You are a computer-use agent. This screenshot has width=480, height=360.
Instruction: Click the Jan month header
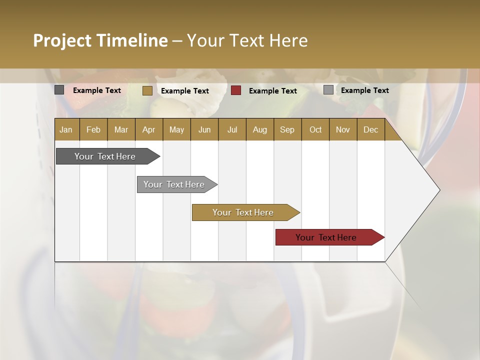tap(66, 130)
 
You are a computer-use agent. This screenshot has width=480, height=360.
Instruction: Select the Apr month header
tap(148, 130)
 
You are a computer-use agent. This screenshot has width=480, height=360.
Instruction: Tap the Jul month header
tap(232, 130)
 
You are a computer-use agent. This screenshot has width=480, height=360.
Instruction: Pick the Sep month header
tap(287, 130)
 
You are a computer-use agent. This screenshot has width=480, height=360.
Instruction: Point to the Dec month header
tap(370, 130)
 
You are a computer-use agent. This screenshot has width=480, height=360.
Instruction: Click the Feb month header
tap(93, 130)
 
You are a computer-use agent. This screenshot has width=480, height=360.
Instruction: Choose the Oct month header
tap(315, 130)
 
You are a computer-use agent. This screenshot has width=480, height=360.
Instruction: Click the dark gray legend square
tap(59, 90)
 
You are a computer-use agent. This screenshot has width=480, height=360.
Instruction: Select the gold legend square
tap(147, 90)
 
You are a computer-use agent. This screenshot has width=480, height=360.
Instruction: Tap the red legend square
tap(236, 90)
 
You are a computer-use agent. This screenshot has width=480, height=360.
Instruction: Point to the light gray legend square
tap(328, 90)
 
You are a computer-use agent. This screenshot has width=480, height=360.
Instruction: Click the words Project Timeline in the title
tap(100, 40)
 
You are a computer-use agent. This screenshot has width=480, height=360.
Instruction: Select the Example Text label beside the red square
tap(272, 91)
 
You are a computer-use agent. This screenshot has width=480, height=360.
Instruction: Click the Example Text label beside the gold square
tap(184, 91)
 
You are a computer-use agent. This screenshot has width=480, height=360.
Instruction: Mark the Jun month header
tap(204, 130)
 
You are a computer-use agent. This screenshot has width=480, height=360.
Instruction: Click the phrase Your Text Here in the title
tap(247, 40)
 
